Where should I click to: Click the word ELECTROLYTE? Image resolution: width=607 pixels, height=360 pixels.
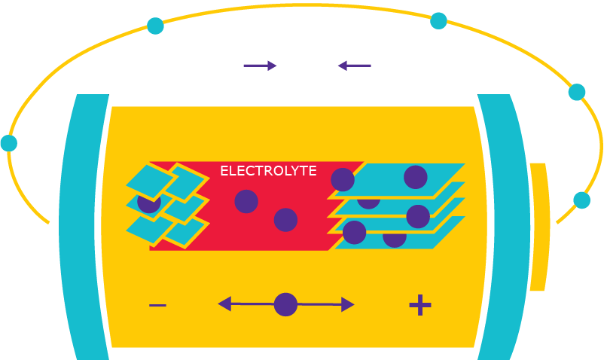[268, 172]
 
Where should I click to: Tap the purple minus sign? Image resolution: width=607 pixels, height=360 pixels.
[157, 305]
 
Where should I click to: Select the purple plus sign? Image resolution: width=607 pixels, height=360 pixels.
[419, 305]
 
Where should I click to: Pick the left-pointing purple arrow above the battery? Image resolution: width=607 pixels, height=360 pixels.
[354, 66]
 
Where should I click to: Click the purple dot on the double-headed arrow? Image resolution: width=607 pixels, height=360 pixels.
[285, 304]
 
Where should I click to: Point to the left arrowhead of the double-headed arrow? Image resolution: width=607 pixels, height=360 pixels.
[224, 304]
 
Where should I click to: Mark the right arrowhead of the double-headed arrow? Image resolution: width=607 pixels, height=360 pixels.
[347, 304]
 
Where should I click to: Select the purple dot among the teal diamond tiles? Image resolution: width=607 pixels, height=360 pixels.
[148, 202]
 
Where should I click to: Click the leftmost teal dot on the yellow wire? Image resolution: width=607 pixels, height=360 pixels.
[8, 143]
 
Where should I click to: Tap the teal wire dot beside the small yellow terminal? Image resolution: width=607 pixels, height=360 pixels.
[581, 200]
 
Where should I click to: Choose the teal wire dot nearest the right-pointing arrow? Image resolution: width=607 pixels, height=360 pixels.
[155, 26]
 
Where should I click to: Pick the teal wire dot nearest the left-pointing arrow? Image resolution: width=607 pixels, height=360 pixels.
[438, 21]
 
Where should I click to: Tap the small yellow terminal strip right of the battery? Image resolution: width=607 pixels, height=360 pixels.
[538, 226]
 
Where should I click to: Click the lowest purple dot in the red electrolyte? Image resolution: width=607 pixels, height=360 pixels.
[285, 220]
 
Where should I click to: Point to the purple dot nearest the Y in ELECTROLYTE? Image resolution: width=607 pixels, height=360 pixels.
[342, 179]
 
